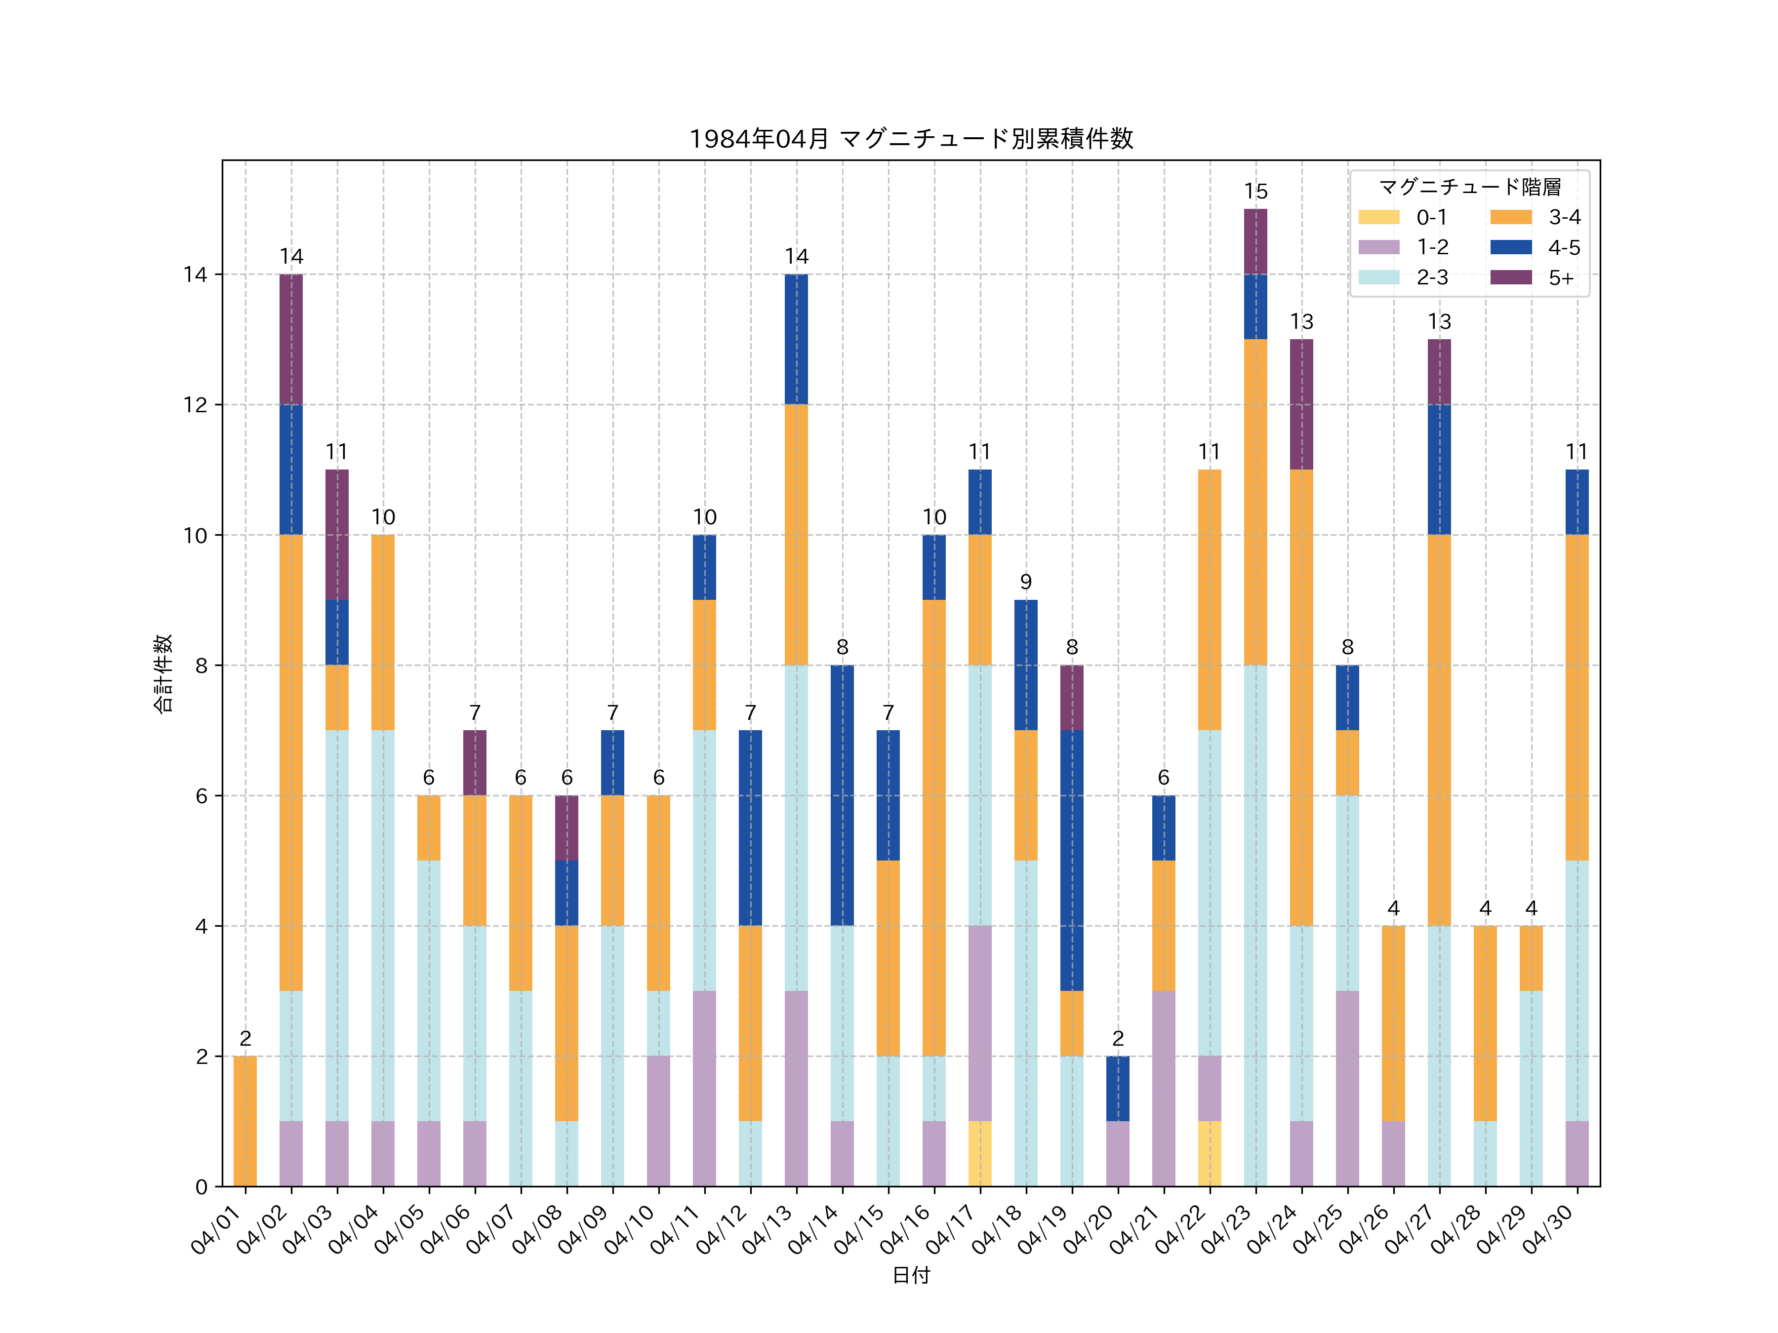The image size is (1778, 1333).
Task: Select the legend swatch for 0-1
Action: tap(1378, 217)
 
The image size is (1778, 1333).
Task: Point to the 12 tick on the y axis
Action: tap(195, 405)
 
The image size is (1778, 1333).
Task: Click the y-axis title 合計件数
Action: tap(163, 673)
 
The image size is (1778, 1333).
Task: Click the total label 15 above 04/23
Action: tap(1255, 191)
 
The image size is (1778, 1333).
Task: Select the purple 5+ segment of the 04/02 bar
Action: tap(291, 339)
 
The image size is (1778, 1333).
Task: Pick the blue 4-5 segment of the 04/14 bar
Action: tap(843, 795)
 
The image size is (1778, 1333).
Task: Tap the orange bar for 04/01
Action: tap(245, 1121)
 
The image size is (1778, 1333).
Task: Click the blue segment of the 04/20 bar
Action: tap(1118, 1089)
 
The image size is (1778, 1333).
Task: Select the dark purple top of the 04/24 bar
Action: tap(1301, 404)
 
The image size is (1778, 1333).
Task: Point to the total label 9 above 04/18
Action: tap(1026, 582)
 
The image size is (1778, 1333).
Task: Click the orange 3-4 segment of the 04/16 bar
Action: tap(934, 827)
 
